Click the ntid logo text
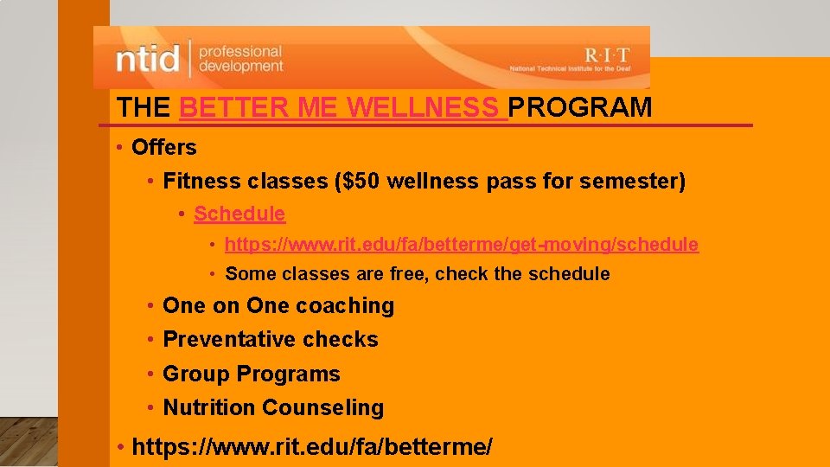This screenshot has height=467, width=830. [x=148, y=59]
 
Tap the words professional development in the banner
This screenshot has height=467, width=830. [x=240, y=59]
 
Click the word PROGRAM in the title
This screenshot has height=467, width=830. [x=580, y=108]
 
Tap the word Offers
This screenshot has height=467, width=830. [x=164, y=148]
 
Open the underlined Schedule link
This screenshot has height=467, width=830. [x=239, y=214]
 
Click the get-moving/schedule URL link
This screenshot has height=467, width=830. [x=461, y=245]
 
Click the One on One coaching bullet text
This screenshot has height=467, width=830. [x=278, y=306]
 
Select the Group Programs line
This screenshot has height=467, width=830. [x=252, y=374]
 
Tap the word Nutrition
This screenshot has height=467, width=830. [x=209, y=407]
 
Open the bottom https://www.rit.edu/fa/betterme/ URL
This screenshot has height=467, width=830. [x=312, y=447]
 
